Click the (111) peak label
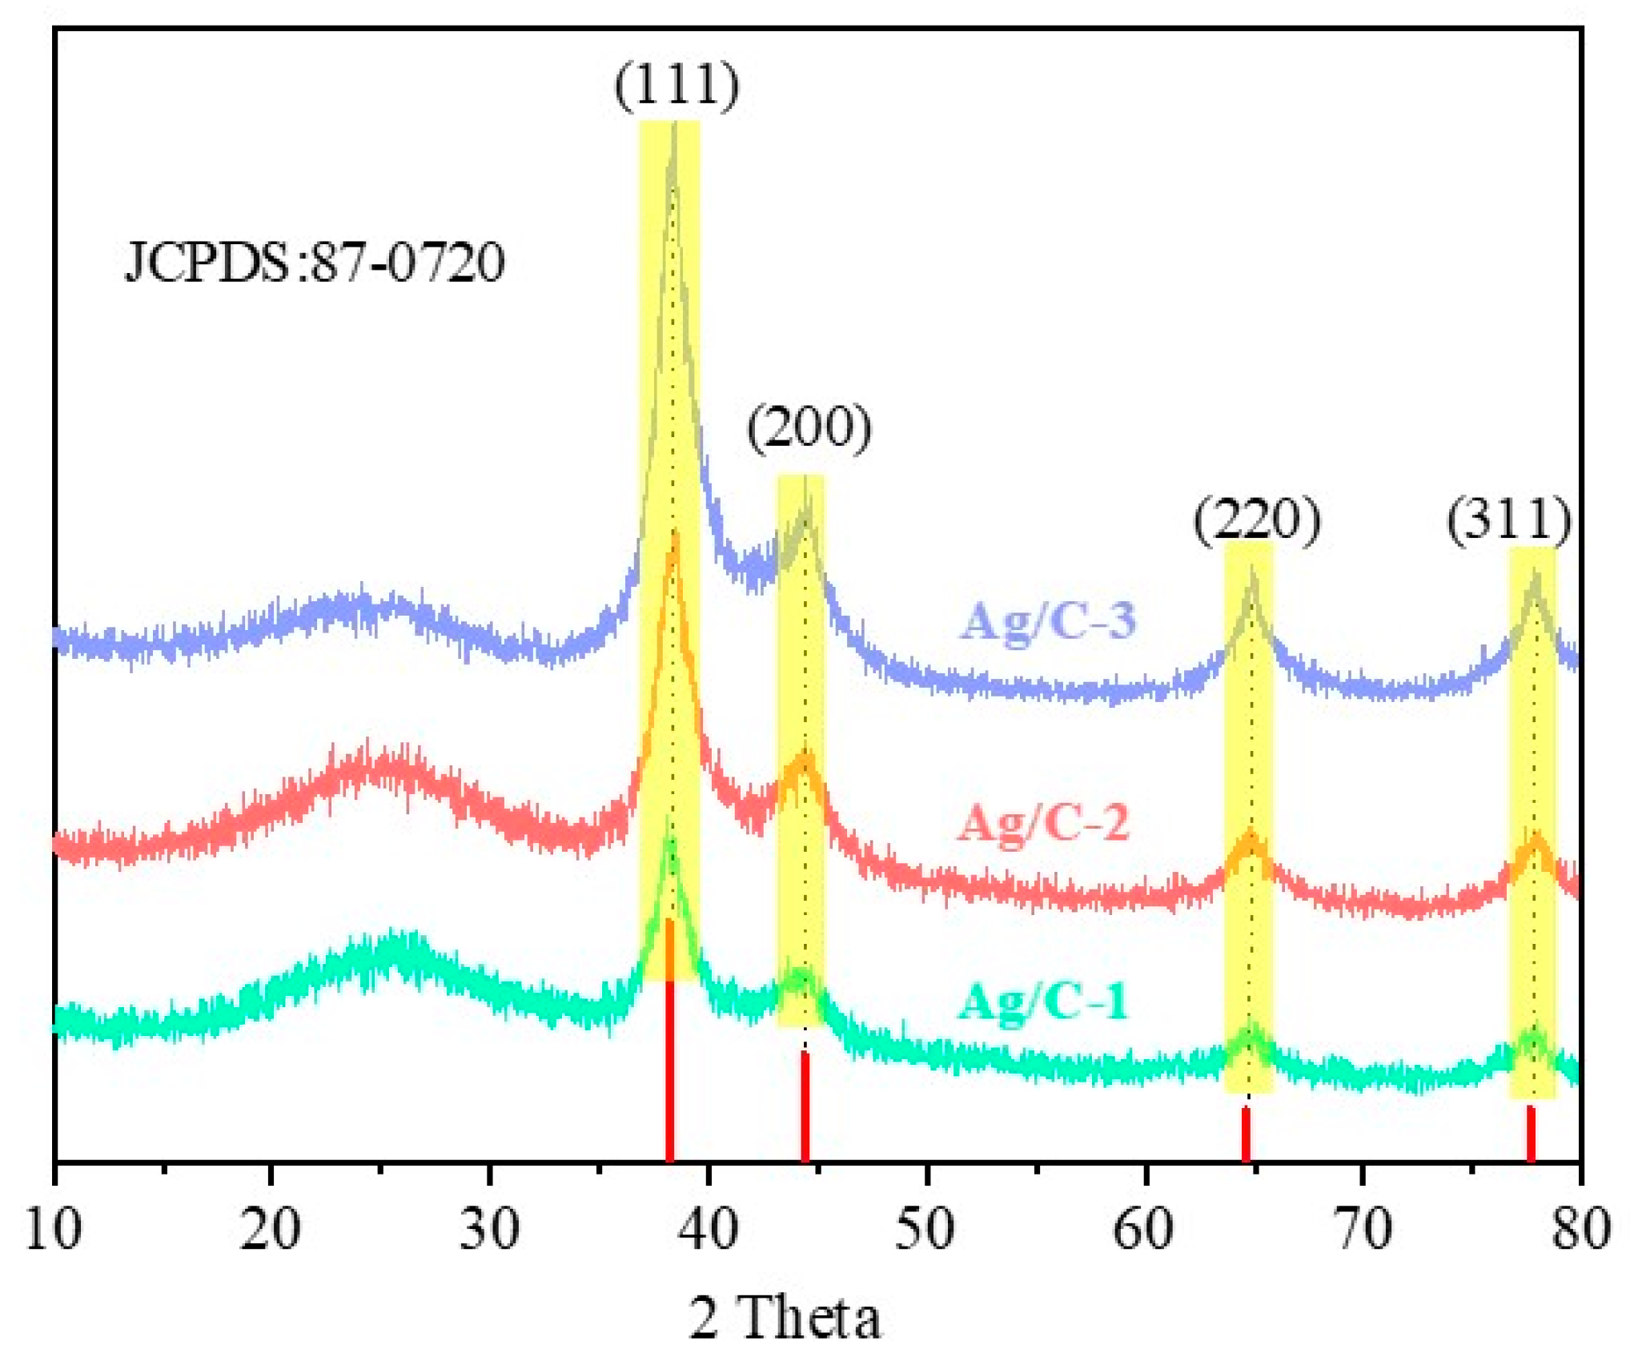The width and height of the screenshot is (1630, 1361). point(677,85)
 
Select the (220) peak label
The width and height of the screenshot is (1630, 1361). point(1257,520)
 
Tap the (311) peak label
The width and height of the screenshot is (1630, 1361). point(1508,520)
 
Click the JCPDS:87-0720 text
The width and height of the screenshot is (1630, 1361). point(315,263)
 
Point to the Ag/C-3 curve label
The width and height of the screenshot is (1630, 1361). point(1047,621)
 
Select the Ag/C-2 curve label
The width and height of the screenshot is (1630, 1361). point(1042,823)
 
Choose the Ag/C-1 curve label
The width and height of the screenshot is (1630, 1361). point(1042,1002)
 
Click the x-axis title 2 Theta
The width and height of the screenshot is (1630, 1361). point(785,1318)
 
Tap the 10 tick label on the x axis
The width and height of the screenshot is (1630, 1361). point(54,1230)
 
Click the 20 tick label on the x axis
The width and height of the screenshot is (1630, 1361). point(271,1230)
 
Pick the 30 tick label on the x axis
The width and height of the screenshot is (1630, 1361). point(489,1230)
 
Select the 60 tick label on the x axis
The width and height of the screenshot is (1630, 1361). point(1143,1230)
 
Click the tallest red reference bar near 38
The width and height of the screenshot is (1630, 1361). point(670,1041)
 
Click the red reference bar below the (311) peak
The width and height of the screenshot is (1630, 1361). point(1531,1134)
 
